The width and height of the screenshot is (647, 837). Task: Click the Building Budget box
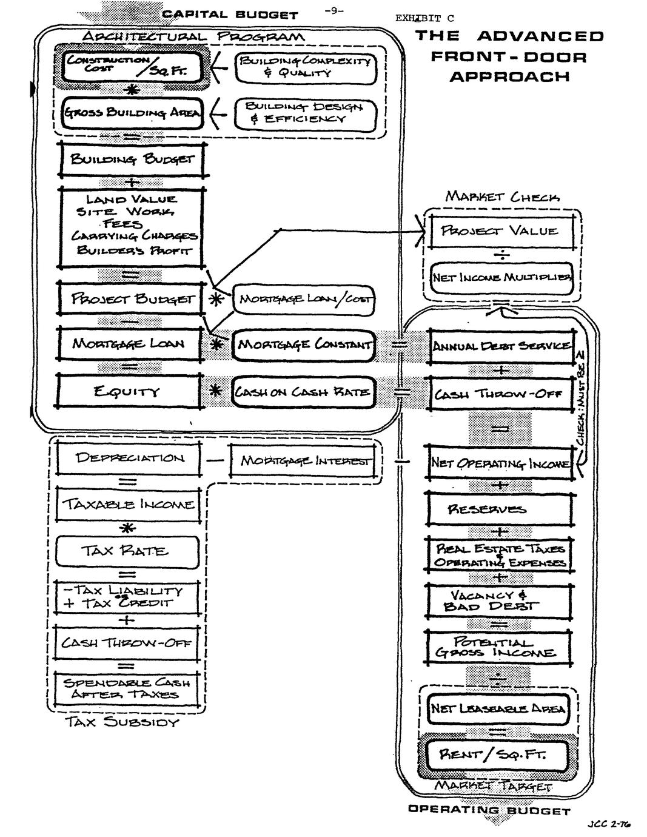tap(132, 160)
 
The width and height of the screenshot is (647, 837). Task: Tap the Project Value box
tap(500, 230)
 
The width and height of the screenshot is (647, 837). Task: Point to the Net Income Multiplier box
tap(501, 278)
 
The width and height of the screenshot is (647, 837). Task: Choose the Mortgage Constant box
tap(304, 345)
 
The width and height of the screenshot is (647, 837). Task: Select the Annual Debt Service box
tap(501, 346)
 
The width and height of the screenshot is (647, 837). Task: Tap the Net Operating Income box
tap(501, 464)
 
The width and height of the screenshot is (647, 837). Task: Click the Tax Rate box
tap(127, 551)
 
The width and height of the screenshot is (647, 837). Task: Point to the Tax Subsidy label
tap(122, 722)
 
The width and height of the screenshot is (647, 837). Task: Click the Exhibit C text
tap(424, 18)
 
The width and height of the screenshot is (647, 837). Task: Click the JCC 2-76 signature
tap(608, 824)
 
